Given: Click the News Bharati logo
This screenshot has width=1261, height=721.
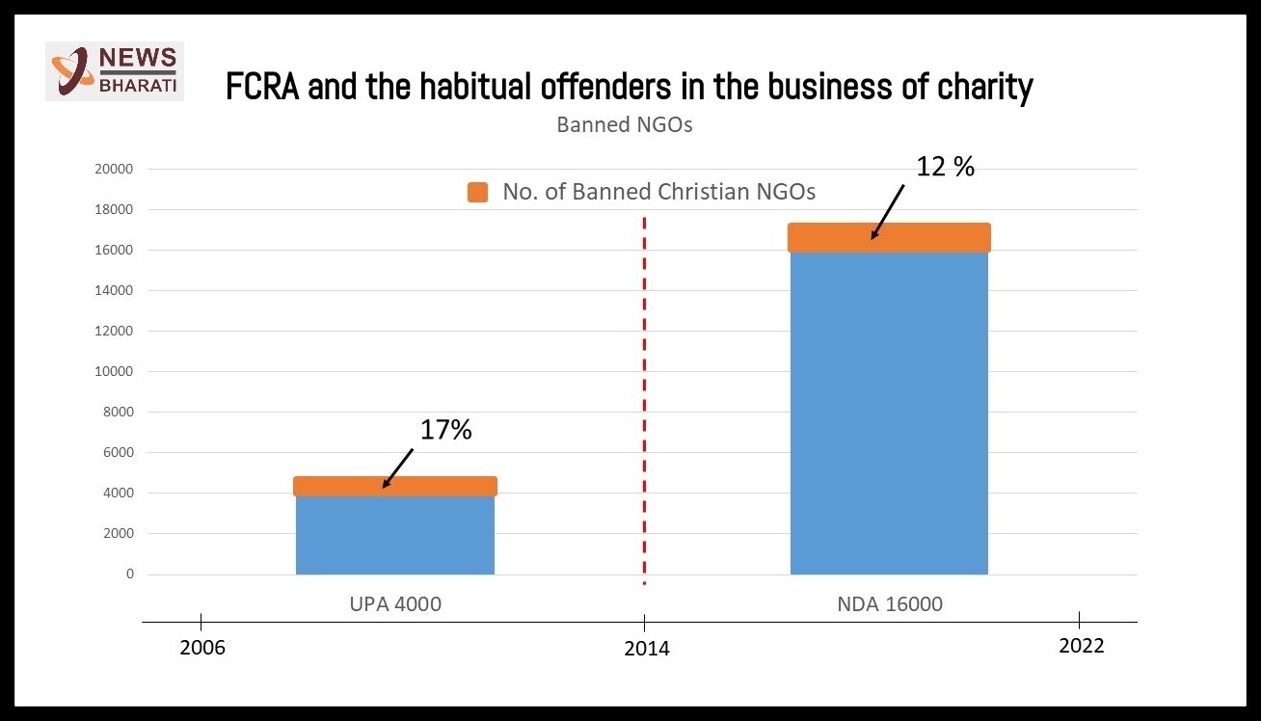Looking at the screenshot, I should [114, 71].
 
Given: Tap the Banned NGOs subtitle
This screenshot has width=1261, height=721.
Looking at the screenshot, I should [624, 125].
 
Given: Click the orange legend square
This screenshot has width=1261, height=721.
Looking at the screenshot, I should [477, 192].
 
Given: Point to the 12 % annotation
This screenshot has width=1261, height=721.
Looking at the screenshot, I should [946, 167].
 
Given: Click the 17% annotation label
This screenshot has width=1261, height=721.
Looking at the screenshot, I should [445, 430].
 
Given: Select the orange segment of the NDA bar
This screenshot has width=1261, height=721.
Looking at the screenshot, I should [889, 237].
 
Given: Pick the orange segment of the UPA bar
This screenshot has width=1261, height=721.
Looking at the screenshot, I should [395, 486].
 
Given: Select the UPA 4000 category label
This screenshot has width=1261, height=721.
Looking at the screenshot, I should [395, 605].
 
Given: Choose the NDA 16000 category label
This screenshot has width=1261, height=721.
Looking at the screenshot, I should [890, 605].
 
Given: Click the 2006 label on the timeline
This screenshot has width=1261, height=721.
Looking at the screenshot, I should [202, 647].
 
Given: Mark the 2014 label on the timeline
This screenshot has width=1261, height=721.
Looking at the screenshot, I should [646, 649].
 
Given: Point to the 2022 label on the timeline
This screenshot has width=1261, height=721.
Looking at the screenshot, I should [1081, 646].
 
